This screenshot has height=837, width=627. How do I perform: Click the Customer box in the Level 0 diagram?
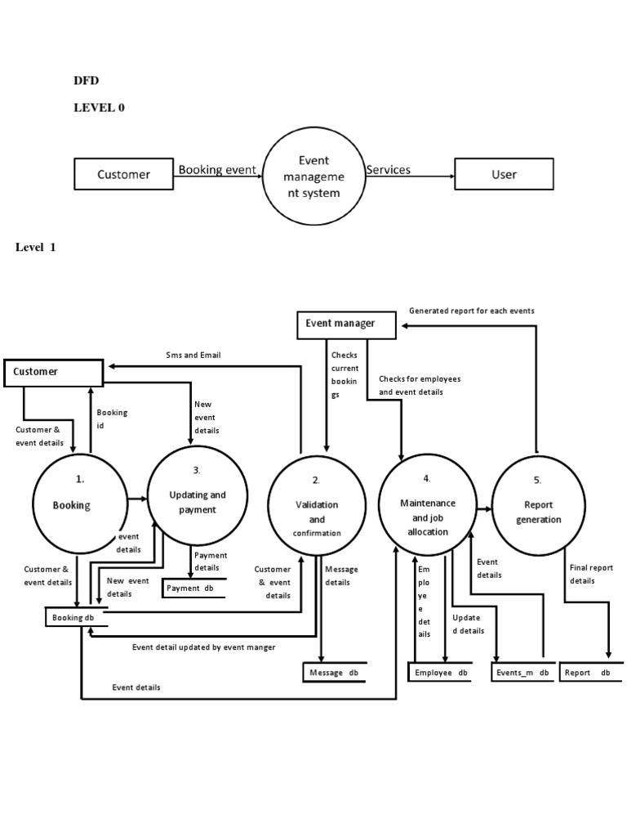[x=123, y=174]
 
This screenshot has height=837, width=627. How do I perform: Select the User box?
[x=504, y=174]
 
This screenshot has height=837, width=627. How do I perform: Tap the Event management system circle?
[x=313, y=181]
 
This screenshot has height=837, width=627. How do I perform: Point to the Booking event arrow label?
[x=217, y=171]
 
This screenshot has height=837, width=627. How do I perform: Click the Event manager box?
[x=346, y=325]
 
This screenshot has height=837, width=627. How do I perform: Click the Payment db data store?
[x=193, y=588]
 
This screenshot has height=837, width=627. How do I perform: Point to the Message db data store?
[x=334, y=673]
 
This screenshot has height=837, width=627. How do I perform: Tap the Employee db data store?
[x=439, y=673]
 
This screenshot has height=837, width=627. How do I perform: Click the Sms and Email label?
[x=193, y=355]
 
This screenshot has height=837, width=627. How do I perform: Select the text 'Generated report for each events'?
[x=472, y=311]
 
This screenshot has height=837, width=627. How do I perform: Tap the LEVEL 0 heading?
[x=99, y=107]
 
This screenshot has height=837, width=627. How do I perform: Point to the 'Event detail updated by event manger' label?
[x=203, y=647]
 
